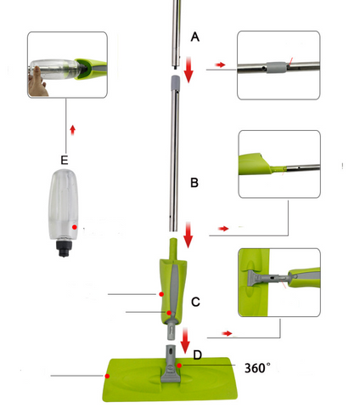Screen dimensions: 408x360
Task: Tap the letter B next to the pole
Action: click(x=194, y=183)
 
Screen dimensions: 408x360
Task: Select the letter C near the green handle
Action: click(x=195, y=301)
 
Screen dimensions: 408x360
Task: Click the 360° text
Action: click(x=257, y=368)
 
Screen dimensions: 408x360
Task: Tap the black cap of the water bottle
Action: click(x=63, y=249)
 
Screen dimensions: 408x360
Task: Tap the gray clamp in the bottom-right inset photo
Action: click(x=258, y=277)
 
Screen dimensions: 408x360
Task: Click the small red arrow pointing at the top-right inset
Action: click(x=220, y=65)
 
